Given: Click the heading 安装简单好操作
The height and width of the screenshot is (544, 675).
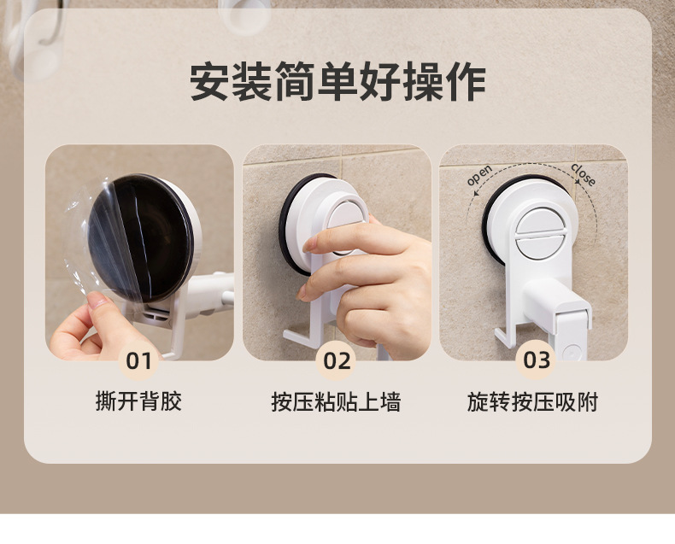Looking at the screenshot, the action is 337,82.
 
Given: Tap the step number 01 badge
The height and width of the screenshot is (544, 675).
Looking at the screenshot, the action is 138,360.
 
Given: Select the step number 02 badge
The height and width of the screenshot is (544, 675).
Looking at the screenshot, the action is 337,360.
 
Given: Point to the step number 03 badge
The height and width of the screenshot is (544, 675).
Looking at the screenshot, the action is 536,360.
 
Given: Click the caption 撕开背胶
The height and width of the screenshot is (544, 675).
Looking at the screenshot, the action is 138,401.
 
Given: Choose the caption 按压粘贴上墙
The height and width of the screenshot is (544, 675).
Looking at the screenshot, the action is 336,402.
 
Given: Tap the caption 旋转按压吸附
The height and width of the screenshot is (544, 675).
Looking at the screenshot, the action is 532,402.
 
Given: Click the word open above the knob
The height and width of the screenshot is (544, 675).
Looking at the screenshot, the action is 479,175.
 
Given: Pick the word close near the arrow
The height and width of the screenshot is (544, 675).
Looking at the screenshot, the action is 584,174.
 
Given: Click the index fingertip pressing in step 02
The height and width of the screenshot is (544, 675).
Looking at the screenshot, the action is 311,244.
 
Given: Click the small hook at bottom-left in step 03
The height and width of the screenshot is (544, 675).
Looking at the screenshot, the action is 503,337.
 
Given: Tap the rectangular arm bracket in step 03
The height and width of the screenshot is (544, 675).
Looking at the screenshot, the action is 555,301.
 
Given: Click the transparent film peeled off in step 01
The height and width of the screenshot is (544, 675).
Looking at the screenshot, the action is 103,241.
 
